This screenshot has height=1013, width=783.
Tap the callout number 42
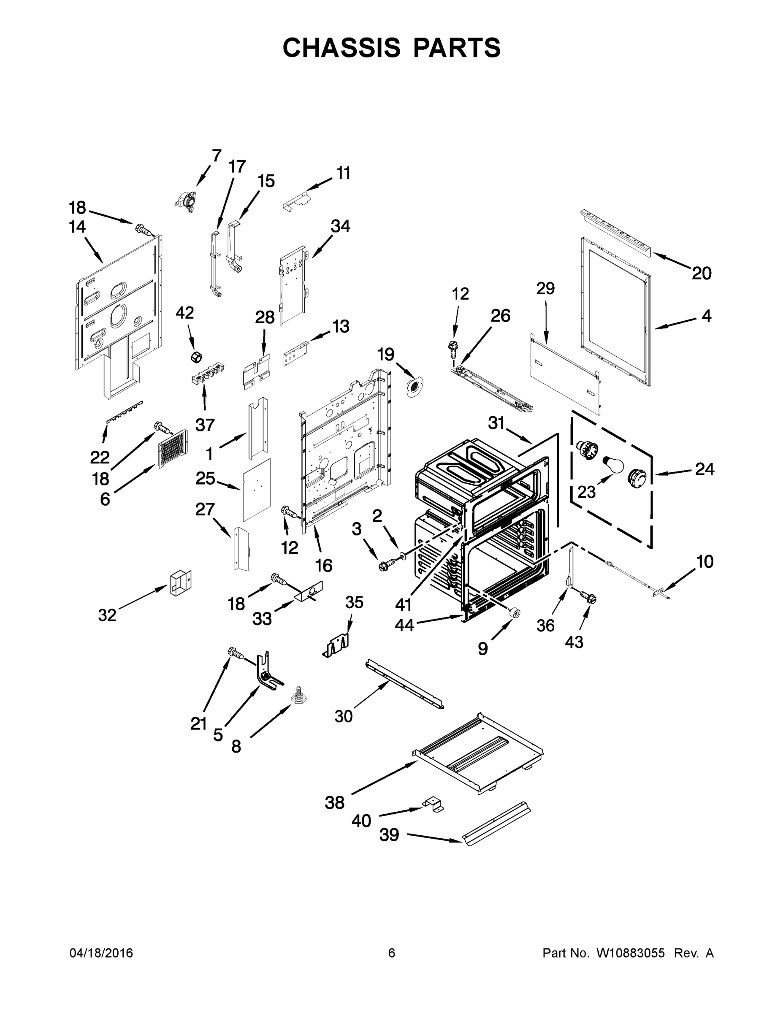(x=184, y=313)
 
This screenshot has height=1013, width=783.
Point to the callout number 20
(x=702, y=274)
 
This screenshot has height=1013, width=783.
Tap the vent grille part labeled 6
(x=173, y=448)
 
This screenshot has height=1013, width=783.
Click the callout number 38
(x=334, y=802)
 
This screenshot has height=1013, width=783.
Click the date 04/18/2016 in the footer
(x=101, y=953)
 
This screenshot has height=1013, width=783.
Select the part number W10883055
(x=630, y=953)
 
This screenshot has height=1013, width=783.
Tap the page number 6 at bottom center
(x=392, y=953)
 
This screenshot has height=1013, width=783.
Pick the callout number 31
(x=496, y=423)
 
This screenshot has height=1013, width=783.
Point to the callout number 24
(x=704, y=469)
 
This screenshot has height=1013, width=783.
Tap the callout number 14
(x=78, y=227)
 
